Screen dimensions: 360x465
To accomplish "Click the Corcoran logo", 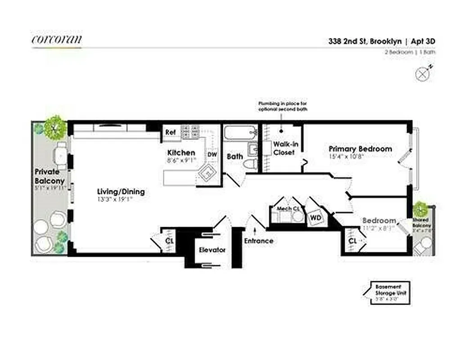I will pyautogui.click(x=57, y=40).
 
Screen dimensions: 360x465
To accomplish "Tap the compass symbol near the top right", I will pyautogui.click(x=423, y=74).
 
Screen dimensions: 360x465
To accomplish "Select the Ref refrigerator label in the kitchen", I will pyautogui.click(x=170, y=132).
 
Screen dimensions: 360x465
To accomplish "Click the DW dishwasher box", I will pyautogui.click(x=212, y=154).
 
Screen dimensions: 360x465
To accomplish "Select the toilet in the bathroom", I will pyautogui.click(x=249, y=165).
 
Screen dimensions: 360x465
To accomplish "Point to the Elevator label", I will pyautogui.click(x=212, y=250).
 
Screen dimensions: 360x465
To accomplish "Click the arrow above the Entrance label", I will pyautogui.click(x=255, y=231).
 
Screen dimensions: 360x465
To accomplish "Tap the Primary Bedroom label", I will pyautogui.click(x=360, y=149).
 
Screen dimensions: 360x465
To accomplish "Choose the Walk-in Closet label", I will pyautogui.click(x=284, y=148).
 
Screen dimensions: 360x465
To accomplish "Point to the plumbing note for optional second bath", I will pyautogui.click(x=282, y=106).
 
